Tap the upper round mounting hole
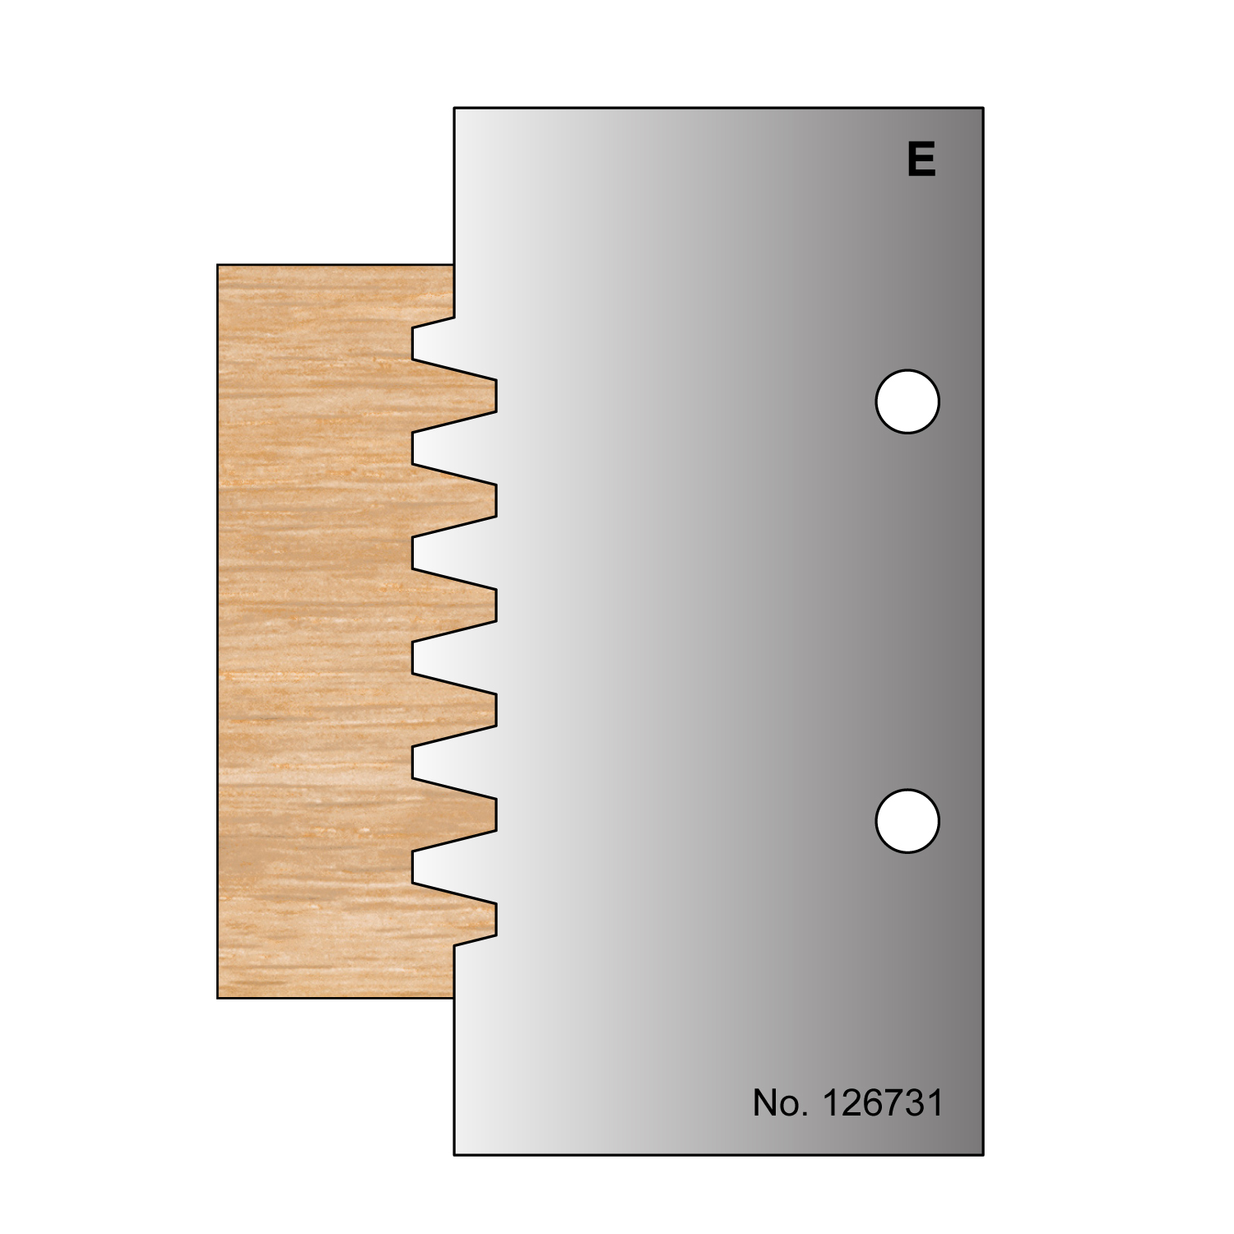pyautogui.click(x=907, y=401)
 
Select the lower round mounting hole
pyautogui.click(x=907, y=821)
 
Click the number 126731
pyautogui.click(x=882, y=1102)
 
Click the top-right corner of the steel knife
pyautogui.click(x=983, y=108)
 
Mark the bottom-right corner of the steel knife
pyautogui.click(x=983, y=1154)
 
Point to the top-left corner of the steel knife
pyautogui.click(x=455, y=108)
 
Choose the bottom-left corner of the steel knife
pyautogui.click(x=455, y=1154)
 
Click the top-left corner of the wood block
pyautogui.click(x=218, y=265)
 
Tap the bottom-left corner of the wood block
pyautogui.click(x=218, y=997)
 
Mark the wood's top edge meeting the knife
pyautogui.click(x=454, y=265)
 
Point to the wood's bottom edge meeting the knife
pyautogui.click(x=454, y=997)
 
